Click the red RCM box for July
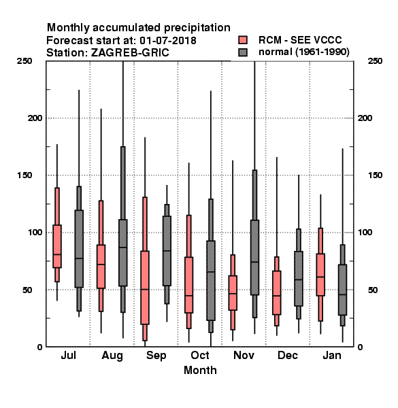tap(57, 246)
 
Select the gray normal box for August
tap(123, 253)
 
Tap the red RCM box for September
tap(145, 288)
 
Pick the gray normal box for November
tap(255, 258)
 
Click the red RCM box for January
tap(320, 275)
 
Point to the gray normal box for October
tap(211, 280)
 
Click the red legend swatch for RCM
tap(243, 40)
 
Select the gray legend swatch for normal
tap(243, 52)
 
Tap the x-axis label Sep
tap(156, 356)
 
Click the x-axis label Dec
tap(288, 355)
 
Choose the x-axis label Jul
tap(69, 355)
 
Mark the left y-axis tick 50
tap(27, 290)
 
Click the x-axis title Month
tap(200, 371)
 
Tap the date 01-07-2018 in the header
tap(168, 40)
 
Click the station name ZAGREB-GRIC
tap(130, 52)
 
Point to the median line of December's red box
tap(277, 296)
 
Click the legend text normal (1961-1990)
tap(303, 52)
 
